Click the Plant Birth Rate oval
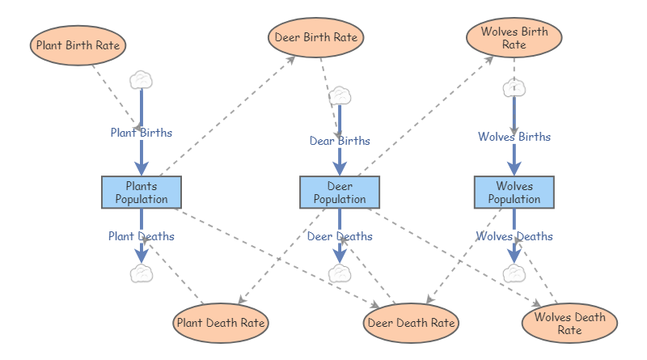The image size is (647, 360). click(x=78, y=45)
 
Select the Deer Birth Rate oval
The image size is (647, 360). click(x=315, y=37)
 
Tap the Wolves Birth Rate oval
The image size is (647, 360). click(x=514, y=38)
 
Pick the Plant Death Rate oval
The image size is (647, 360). click(x=221, y=323)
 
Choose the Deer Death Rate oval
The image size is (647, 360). click(x=411, y=323)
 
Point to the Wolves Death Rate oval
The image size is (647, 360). click(x=569, y=323)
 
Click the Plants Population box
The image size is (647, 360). click(x=142, y=193)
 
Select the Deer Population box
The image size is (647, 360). click(x=340, y=193)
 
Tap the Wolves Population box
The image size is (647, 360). click(x=514, y=193)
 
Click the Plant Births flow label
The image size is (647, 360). click(x=142, y=132)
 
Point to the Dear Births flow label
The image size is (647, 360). click(x=340, y=141)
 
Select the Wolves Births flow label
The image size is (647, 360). click(x=514, y=137)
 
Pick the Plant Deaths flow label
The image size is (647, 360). click(x=142, y=236)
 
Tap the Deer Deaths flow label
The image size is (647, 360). click(x=340, y=236)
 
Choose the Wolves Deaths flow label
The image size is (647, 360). click(x=514, y=236)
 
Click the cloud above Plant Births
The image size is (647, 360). click(x=142, y=79)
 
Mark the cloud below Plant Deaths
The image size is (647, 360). click(x=142, y=273)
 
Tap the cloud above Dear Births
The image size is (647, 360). click(x=340, y=95)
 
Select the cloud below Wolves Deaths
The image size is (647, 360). click(x=514, y=273)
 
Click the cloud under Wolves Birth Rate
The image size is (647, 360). click(x=514, y=87)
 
